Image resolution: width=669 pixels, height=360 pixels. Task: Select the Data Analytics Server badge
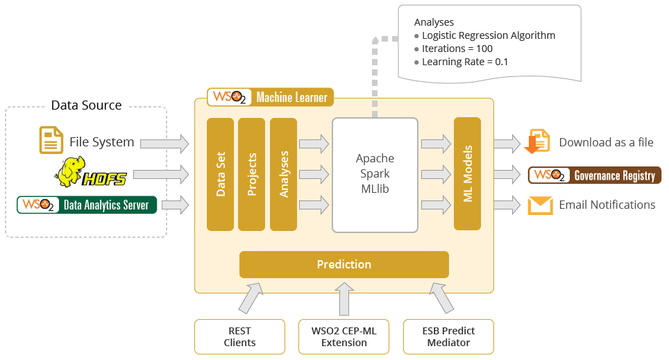click(86, 205)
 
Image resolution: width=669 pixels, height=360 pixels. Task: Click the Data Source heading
click(86, 105)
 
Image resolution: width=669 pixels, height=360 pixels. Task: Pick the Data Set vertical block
click(220, 173)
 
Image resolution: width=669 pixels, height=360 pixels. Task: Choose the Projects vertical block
click(251, 173)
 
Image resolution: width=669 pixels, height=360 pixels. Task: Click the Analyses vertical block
click(283, 173)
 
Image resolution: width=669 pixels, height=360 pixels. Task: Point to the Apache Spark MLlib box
click(375, 175)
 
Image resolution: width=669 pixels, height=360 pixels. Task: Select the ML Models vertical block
click(467, 173)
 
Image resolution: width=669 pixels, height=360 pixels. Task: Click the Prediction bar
click(344, 264)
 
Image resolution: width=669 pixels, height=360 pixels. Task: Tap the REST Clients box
click(239, 336)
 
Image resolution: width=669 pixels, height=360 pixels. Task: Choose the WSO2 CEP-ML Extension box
click(344, 336)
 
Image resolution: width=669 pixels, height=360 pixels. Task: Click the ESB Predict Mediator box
click(448, 336)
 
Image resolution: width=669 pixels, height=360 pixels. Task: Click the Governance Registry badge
click(595, 175)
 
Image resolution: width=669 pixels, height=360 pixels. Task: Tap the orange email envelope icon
click(540, 205)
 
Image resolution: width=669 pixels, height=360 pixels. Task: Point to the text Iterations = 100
click(457, 49)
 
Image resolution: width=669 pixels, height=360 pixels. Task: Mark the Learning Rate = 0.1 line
click(465, 62)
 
